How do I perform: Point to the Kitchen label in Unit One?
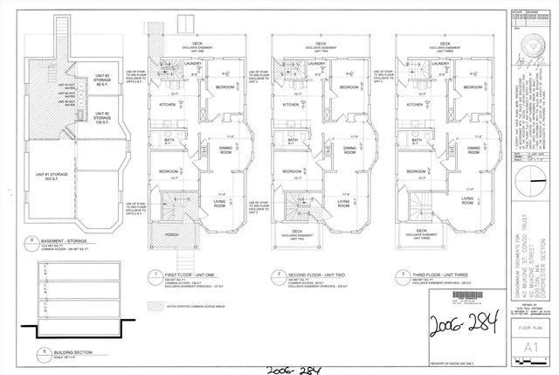[167, 104]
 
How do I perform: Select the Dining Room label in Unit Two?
[349, 150]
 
